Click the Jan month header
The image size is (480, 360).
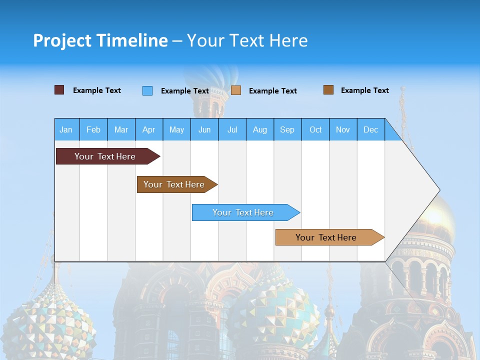pos(66,129)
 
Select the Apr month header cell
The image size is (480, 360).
pos(148,129)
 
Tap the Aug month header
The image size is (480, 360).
pos(259,129)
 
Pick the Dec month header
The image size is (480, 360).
pos(370,129)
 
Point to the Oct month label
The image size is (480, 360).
pos(315,129)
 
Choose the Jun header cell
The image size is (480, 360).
pos(204,129)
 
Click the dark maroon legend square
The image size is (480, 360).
pos(59,90)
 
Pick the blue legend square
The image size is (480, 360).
pos(147,90)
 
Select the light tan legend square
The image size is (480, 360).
pos(236,90)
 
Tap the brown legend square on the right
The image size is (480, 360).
pos(328,90)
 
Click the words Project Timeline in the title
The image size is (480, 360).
pos(100,40)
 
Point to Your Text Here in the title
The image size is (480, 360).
pos(247,40)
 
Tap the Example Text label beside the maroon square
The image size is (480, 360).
pos(96,90)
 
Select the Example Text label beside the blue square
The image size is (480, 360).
pos(184,91)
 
